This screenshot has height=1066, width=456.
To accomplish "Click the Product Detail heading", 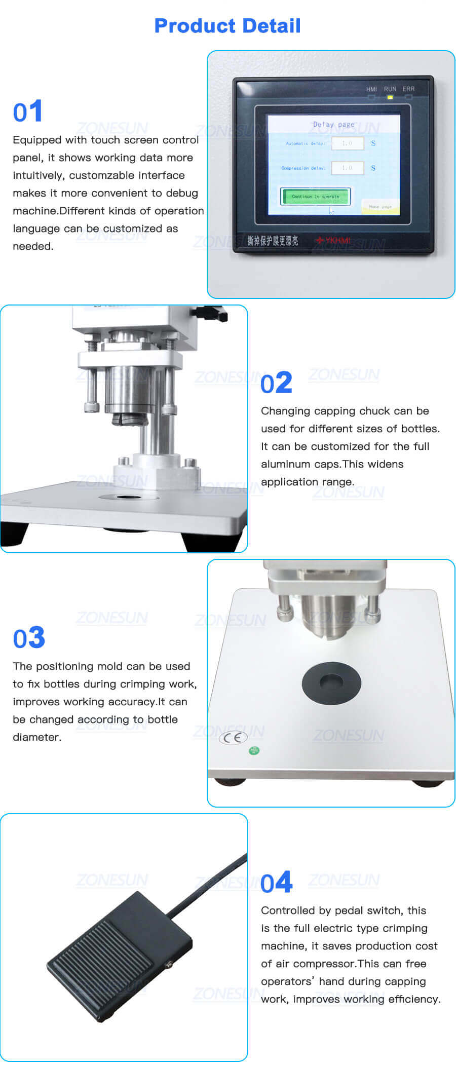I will pyautogui.click(x=227, y=26).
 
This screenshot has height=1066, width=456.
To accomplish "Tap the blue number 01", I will pyautogui.click(x=27, y=112).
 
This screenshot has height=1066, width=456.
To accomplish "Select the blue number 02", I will pyautogui.click(x=276, y=383).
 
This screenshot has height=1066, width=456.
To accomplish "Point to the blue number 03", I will pyautogui.click(x=29, y=638).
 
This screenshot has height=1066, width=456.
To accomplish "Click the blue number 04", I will pyautogui.click(x=276, y=883).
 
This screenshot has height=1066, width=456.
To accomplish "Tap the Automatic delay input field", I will pyautogui.click(x=348, y=143).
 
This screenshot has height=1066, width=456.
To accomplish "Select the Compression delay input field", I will pyautogui.click(x=348, y=168).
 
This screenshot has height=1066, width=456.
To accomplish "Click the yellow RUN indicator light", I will pyautogui.click(x=390, y=97).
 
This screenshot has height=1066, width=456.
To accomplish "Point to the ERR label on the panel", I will pyautogui.click(x=408, y=89).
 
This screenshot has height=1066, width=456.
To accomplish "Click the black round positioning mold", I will pyautogui.click(x=331, y=682).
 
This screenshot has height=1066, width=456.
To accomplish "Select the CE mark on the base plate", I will pyautogui.click(x=233, y=738).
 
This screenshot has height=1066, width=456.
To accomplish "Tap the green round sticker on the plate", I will pyautogui.click(x=254, y=750).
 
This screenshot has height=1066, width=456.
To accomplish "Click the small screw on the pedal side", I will pyautogui.click(x=169, y=966).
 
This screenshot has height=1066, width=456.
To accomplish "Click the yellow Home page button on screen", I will pyautogui.click(x=381, y=207).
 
